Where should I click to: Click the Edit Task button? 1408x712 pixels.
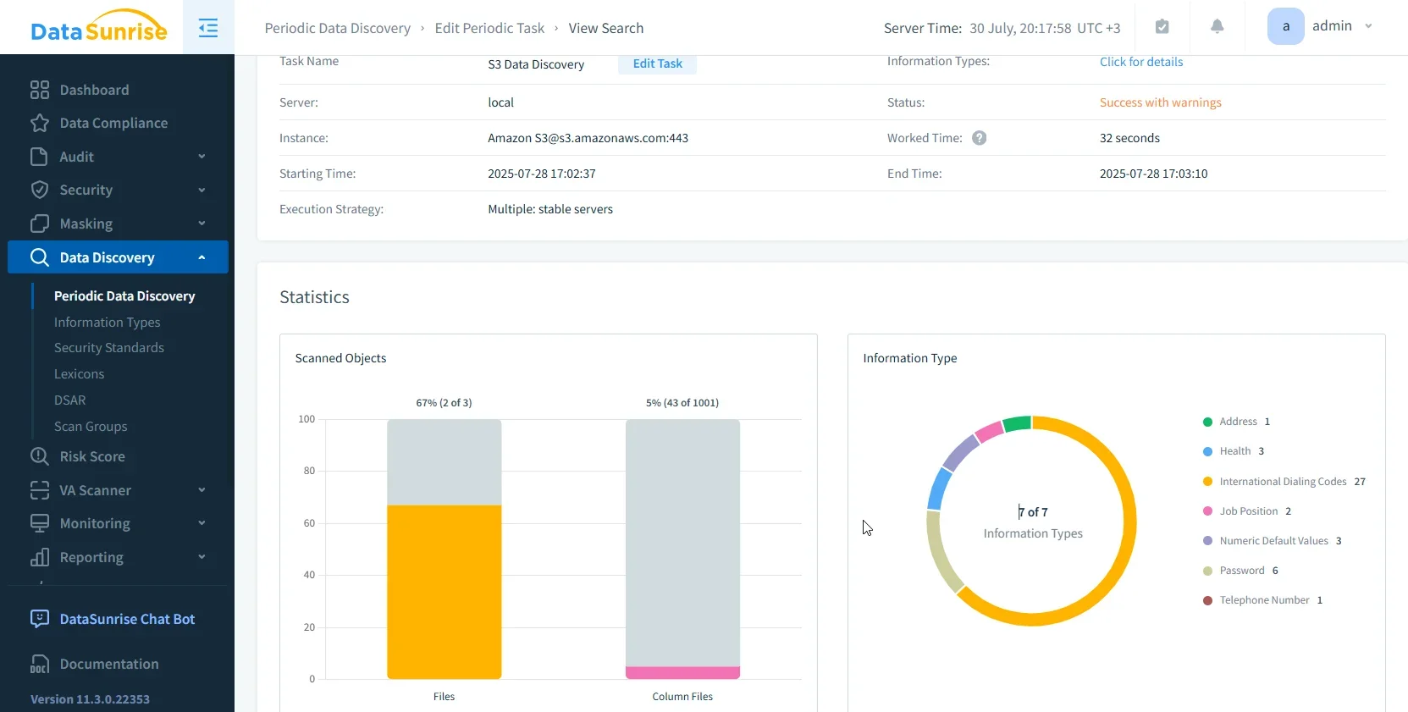point(657,63)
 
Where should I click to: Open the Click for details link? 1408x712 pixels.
point(1140,62)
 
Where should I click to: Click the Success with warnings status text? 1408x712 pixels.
point(1160,102)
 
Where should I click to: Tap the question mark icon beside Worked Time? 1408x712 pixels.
point(979,138)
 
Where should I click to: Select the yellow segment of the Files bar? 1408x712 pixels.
point(444,592)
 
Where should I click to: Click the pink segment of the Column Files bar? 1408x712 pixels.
point(682,673)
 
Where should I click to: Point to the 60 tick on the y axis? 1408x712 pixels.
point(309,523)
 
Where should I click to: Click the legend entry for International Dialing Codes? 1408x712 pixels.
point(1282,482)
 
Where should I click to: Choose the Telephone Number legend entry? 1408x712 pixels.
point(1263,600)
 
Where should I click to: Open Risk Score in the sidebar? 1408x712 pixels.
point(91,456)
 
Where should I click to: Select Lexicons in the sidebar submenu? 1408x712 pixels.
point(79,374)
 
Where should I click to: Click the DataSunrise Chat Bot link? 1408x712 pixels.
point(127,619)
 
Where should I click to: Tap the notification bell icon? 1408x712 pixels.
point(1217,26)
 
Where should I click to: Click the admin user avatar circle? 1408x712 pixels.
point(1285,26)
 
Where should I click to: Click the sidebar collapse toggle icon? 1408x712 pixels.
point(208,28)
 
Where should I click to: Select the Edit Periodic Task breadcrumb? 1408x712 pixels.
point(489,28)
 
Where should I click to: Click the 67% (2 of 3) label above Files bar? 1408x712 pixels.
point(444,403)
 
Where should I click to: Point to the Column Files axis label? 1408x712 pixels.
point(682,697)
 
